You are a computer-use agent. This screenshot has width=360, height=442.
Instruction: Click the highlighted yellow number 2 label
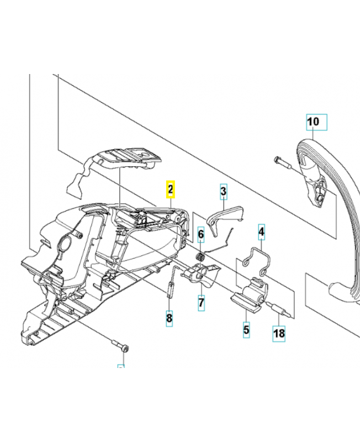[x=171, y=190]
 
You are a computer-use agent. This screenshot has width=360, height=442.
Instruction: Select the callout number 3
[x=223, y=192]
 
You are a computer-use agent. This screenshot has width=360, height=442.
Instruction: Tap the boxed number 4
[x=262, y=233]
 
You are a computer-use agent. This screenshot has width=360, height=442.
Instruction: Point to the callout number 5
[x=246, y=330]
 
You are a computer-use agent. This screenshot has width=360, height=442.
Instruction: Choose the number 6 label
[x=201, y=234]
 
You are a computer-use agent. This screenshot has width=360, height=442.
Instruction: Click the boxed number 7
[x=201, y=303]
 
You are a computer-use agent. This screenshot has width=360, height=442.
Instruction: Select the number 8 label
[x=170, y=318]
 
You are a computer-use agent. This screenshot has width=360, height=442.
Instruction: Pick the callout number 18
[x=279, y=333]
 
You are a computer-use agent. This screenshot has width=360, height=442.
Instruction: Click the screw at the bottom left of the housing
[x=119, y=345]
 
